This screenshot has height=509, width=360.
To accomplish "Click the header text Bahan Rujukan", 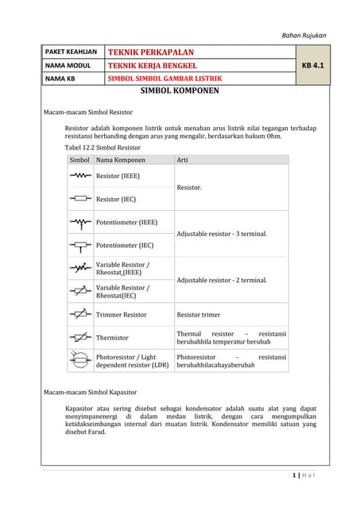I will pos(304,35).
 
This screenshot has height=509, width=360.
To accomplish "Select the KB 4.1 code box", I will pos(312,64).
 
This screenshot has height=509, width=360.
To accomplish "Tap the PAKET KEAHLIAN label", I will pos(72,51).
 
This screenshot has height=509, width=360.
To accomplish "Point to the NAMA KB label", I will pos(60,78).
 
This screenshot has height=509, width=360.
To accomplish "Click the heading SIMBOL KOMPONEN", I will pos(179,91).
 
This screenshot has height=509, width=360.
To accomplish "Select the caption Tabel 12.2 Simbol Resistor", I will pos(103,147).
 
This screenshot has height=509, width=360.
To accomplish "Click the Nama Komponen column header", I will pos(121,160).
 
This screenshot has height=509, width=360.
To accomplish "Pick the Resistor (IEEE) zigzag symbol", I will pos(79,176).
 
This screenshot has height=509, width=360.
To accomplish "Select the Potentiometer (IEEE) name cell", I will pos(126,223).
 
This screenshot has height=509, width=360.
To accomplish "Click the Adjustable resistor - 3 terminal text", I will pos(222,234).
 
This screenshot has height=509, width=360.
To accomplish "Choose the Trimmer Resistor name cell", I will pos(121,315).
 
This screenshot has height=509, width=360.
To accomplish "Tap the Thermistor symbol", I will pos(79,337).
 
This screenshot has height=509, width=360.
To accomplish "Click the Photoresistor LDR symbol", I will pos(79,360).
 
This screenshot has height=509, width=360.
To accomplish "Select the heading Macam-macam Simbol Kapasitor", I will pos(90,392).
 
